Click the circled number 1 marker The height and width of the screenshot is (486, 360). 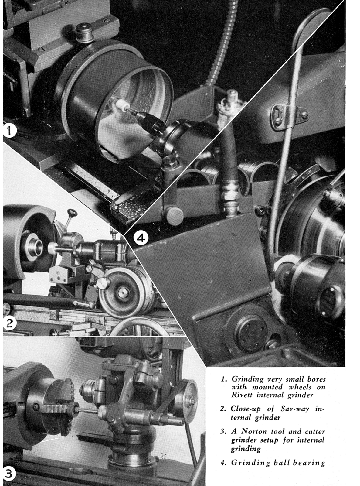[x=9, y=131]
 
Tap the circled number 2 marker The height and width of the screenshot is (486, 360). [x=9, y=323]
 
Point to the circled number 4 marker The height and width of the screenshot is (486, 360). [x=141, y=238]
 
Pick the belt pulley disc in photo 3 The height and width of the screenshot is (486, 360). [x=186, y=401]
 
